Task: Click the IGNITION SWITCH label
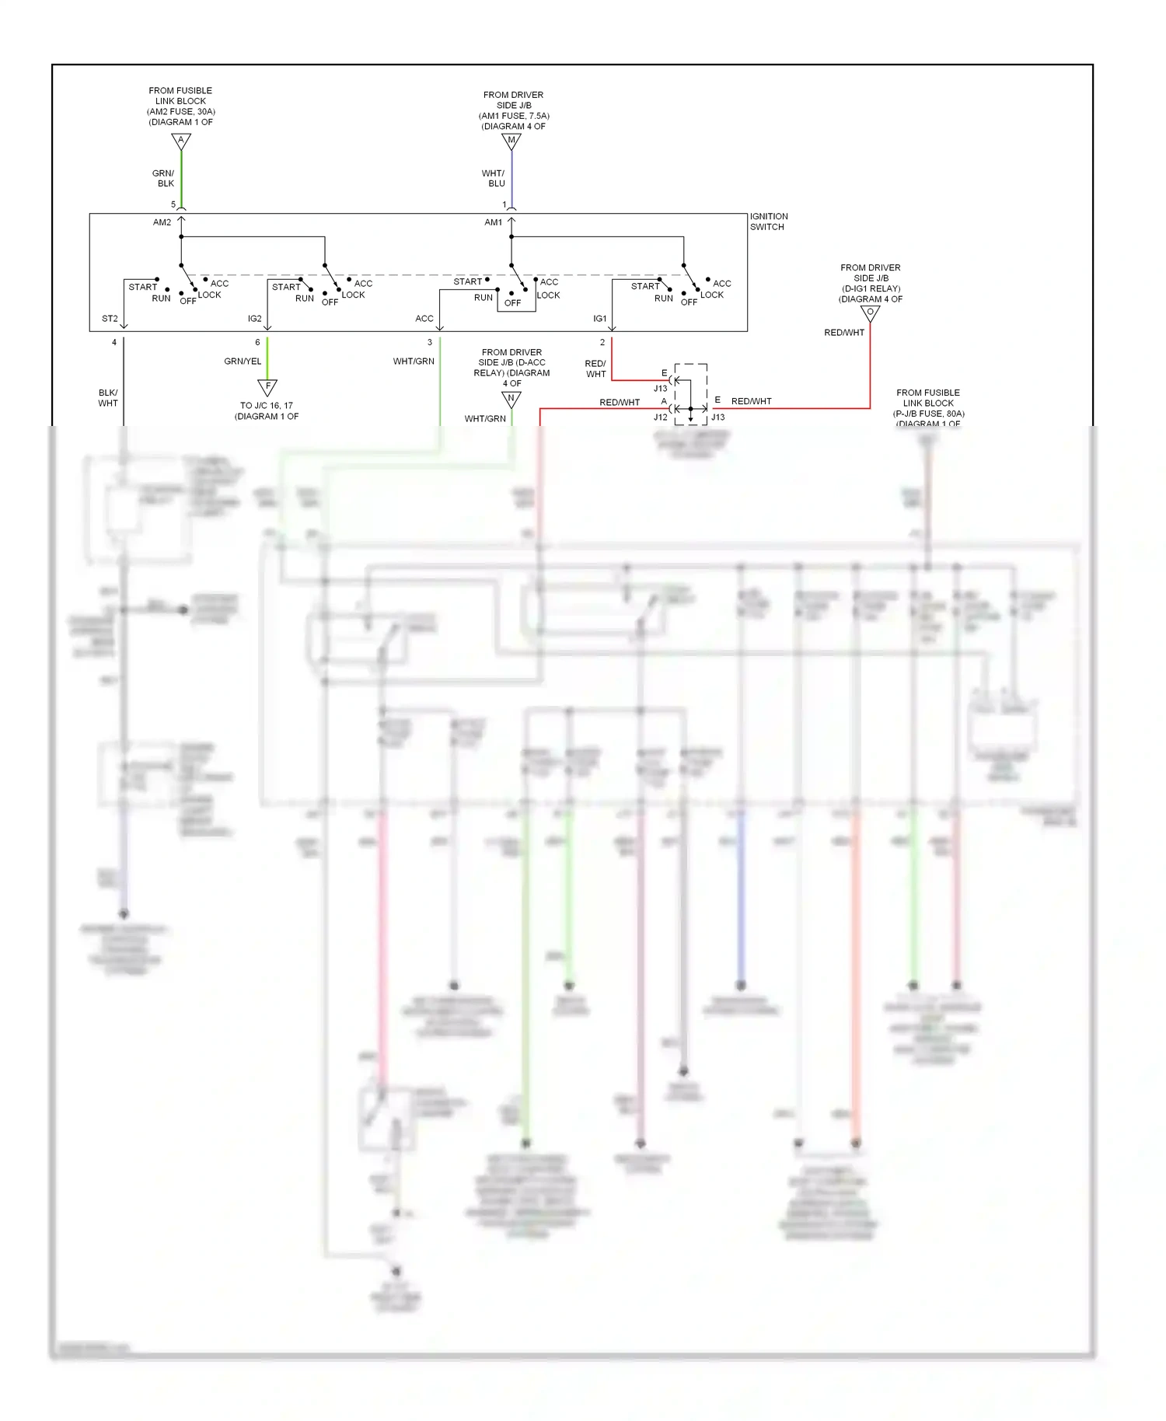(x=768, y=222)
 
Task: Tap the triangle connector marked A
(x=181, y=141)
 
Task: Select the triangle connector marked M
(x=511, y=141)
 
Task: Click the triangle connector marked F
(x=267, y=386)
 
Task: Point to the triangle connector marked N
(x=511, y=400)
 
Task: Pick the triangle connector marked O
(x=870, y=313)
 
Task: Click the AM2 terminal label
(x=162, y=222)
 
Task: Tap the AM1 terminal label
(x=494, y=222)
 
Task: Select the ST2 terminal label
(x=110, y=319)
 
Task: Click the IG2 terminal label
(x=255, y=319)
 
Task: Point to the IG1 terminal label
(x=600, y=319)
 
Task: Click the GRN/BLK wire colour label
(x=164, y=179)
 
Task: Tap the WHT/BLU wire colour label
(x=494, y=179)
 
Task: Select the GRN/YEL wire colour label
(x=243, y=361)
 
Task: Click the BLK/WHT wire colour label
(x=108, y=398)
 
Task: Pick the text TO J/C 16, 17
(x=267, y=406)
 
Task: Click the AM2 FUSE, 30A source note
(x=181, y=112)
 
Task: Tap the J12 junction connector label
(x=660, y=417)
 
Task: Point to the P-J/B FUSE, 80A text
(x=929, y=414)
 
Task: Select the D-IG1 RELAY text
(x=871, y=288)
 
